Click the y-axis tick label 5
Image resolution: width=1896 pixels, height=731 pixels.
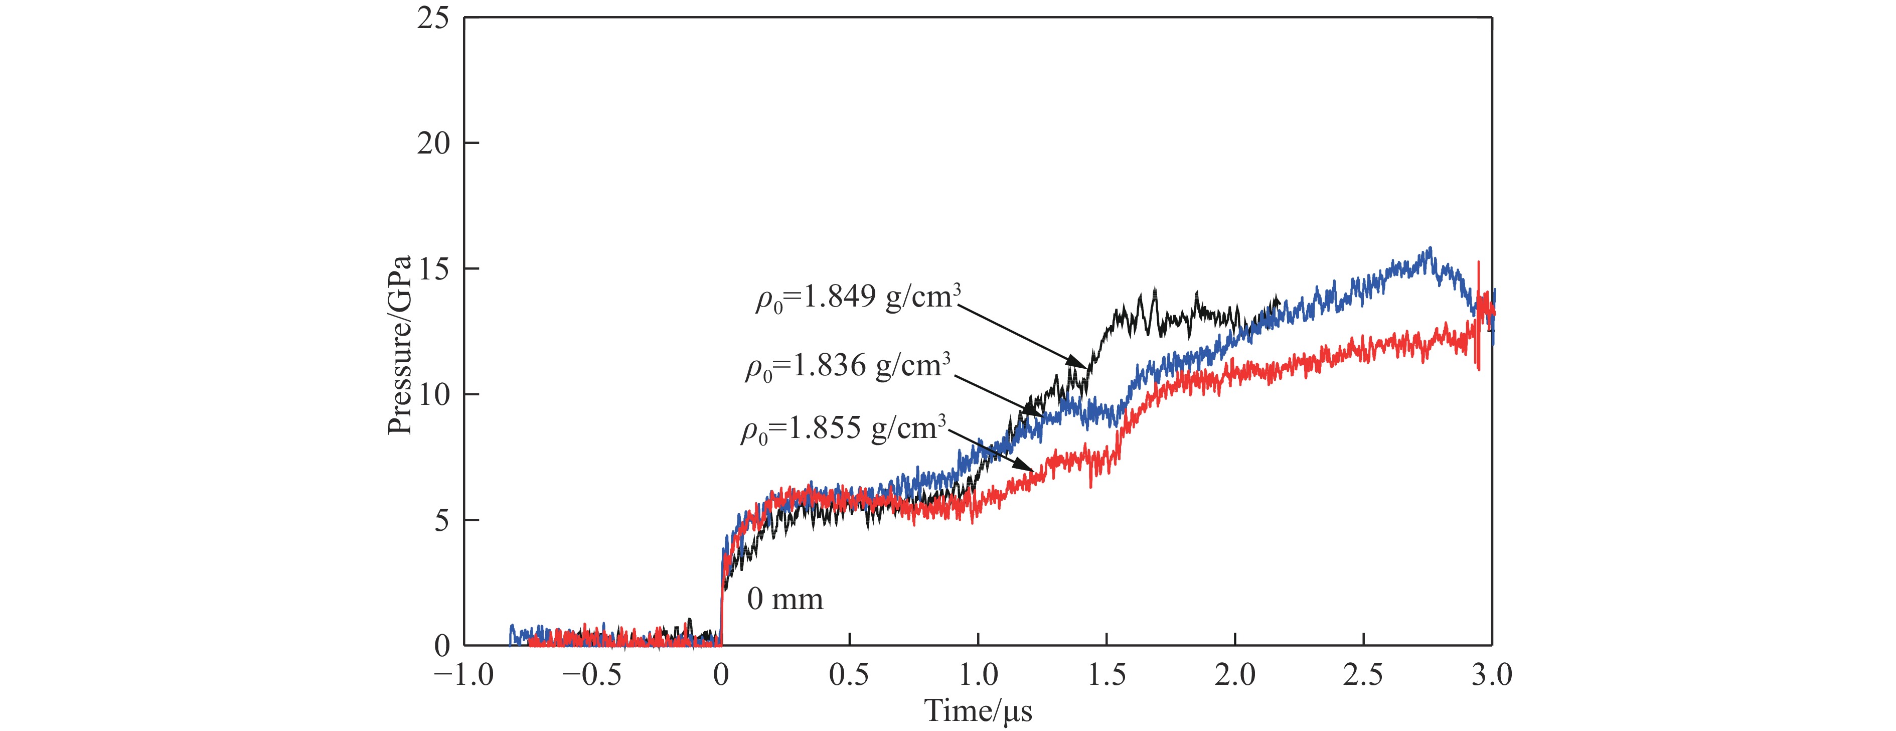point(441,520)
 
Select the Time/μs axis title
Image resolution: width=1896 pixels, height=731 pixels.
point(978,711)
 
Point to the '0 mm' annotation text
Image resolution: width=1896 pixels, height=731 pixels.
point(784,599)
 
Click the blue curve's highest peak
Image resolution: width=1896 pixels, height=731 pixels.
point(1430,248)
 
